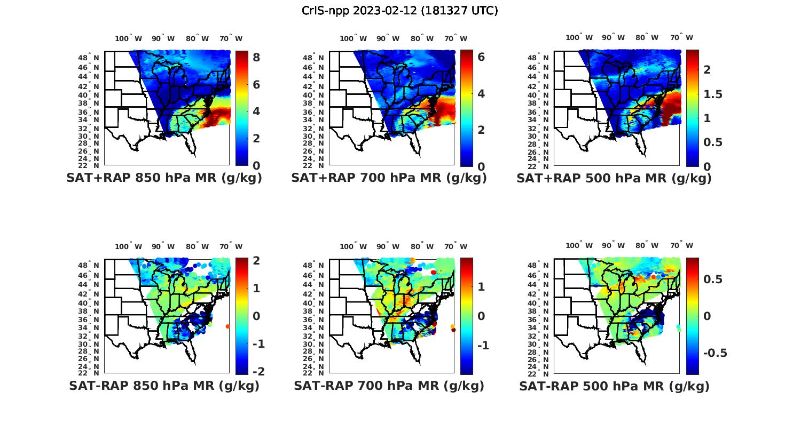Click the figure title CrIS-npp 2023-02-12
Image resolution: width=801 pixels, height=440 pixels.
click(399, 11)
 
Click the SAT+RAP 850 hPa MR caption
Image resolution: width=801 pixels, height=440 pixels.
click(164, 178)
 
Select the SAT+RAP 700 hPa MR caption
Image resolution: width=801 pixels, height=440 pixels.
click(389, 178)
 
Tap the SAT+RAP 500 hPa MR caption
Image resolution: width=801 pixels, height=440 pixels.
click(614, 178)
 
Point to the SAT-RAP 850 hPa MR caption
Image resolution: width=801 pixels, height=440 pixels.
click(164, 386)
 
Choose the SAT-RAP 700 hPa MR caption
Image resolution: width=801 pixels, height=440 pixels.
click(389, 386)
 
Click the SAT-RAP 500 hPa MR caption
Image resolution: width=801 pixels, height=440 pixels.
click(614, 386)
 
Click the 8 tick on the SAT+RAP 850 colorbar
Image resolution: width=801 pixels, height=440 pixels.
click(256, 58)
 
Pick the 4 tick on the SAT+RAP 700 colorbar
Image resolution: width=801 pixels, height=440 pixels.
click(481, 94)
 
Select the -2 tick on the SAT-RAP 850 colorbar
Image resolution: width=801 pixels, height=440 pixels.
click(257, 371)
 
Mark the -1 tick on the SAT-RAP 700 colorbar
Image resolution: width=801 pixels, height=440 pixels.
click(483, 346)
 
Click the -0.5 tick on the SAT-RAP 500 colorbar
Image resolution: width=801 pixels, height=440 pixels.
click(714, 353)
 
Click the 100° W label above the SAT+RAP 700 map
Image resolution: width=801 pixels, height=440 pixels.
click(353, 38)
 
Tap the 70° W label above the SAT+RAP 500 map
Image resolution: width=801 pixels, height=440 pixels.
click(681, 37)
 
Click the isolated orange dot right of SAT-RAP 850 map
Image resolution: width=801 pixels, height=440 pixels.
click(228, 326)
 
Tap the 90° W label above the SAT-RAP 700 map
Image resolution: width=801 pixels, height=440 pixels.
click(388, 246)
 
